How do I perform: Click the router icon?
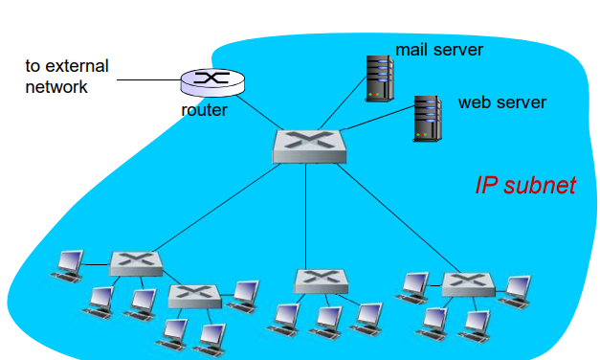tap(211, 82)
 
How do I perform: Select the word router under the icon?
tap(204, 110)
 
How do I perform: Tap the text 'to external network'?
tap(66, 77)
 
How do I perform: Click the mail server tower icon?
tap(380, 78)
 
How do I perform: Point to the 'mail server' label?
tap(439, 49)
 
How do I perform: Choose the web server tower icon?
tap(427, 117)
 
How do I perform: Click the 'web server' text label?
tap(501, 102)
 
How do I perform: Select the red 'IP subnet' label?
tap(525, 185)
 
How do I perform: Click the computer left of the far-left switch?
tap(68, 263)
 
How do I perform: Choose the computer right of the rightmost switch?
tap(518, 288)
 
